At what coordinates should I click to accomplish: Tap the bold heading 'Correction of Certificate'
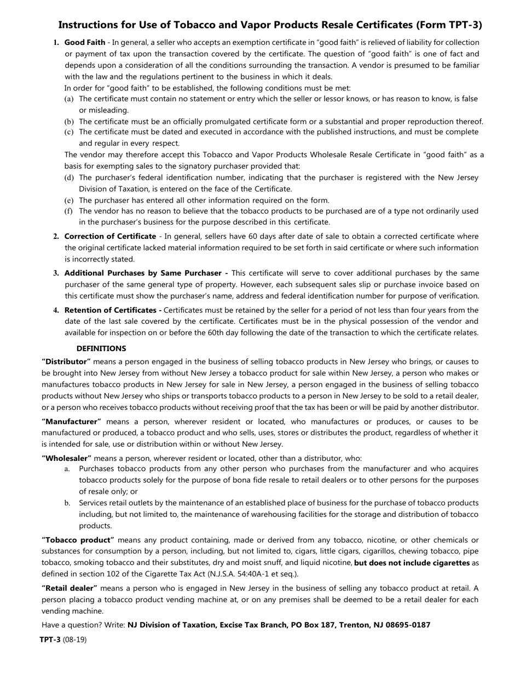(x=110, y=236)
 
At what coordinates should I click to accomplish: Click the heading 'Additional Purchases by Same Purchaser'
(x=146, y=273)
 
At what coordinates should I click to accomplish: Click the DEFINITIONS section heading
(x=101, y=349)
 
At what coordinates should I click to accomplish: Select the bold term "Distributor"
(x=66, y=362)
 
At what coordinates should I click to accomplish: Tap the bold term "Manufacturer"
(x=72, y=421)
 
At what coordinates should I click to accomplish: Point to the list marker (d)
(x=69, y=178)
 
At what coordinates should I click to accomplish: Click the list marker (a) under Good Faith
(x=69, y=99)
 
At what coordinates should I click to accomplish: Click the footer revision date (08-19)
(x=74, y=639)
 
